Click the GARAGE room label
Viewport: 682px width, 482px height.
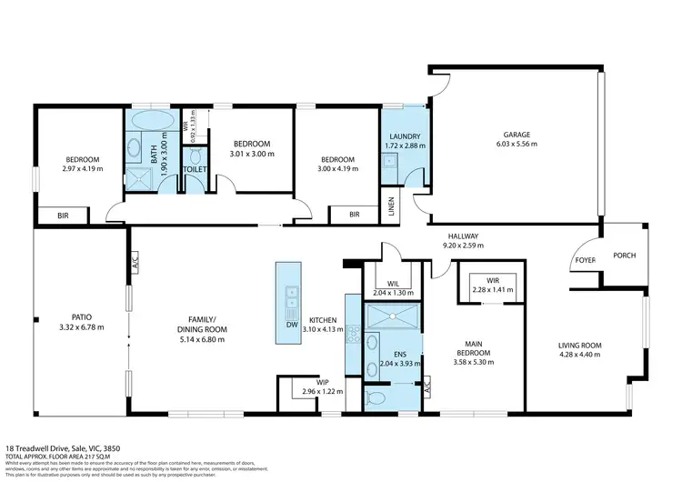tap(518, 135)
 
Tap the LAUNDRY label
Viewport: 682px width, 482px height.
tap(404, 136)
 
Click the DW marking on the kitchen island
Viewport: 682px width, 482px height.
tap(291, 324)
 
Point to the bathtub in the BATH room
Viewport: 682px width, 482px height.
tap(149, 121)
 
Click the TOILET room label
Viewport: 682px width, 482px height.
tap(195, 169)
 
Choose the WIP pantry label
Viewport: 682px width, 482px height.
tap(322, 382)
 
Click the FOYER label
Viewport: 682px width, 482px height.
tap(583, 259)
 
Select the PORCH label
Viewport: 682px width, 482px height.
tap(623, 256)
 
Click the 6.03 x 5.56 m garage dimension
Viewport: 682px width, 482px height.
tap(518, 145)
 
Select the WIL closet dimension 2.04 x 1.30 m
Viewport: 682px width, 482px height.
tap(395, 293)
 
